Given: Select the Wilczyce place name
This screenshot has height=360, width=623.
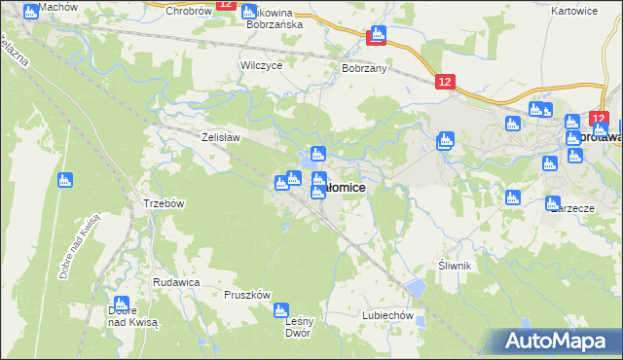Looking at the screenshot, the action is (261, 65).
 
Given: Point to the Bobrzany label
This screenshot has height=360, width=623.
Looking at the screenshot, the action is (365, 70).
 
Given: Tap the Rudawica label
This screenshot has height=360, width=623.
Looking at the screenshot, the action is (176, 281).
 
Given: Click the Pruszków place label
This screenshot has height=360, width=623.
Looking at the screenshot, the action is (246, 294).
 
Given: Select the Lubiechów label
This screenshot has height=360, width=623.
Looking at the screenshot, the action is (388, 315).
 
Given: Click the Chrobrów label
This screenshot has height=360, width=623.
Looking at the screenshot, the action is (189, 11).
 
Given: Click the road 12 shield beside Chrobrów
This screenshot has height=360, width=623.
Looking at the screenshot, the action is (226, 5).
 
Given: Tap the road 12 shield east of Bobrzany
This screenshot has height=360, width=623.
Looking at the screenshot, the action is (445, 85).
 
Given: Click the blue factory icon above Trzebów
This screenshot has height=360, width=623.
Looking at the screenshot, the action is (65, 179).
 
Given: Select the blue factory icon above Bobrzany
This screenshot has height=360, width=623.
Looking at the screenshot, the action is (377, 36).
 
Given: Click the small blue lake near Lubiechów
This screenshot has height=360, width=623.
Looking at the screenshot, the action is (416, 288).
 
